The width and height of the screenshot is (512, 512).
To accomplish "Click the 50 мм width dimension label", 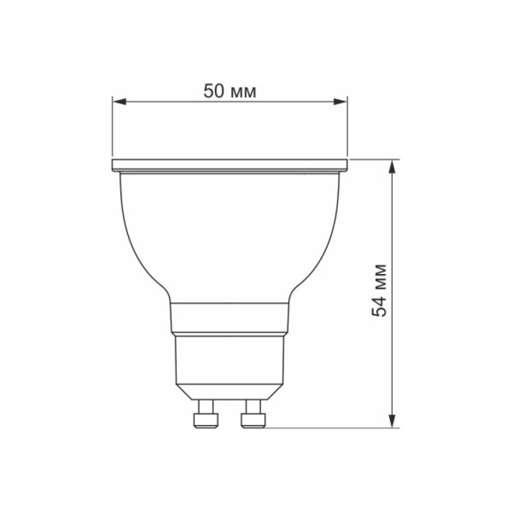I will pos(230,91).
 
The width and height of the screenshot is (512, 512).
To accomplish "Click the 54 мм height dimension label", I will pos(380,290).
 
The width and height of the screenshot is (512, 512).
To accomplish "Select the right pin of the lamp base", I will pos(253,415).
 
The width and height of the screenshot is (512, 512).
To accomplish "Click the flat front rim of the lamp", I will pos(230,165).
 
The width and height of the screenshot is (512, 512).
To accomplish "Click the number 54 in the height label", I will pos(380,306).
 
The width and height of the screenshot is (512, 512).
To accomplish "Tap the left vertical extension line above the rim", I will pos(113,128).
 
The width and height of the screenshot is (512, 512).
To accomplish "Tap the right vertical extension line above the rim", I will pos(348,128).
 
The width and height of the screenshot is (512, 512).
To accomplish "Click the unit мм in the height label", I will pos(380,276).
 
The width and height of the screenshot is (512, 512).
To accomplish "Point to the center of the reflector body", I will pos(230,236).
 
